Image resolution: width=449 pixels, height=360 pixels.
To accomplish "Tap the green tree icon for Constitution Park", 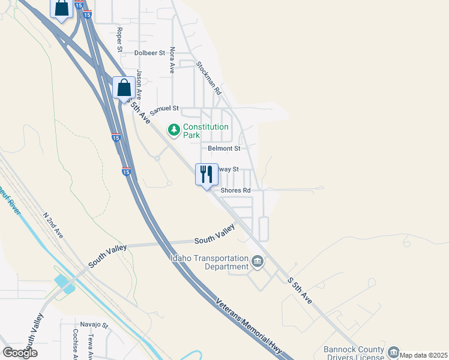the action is click(x=174, y=129).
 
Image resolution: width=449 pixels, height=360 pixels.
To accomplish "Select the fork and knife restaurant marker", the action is click(x=206, y=175).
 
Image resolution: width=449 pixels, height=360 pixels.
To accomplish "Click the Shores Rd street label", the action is click(x=235, y=190).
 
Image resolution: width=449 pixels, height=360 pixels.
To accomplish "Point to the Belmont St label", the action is click(x=224, y=148).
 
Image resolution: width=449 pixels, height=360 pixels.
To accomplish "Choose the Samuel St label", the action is click(x=164, y=109).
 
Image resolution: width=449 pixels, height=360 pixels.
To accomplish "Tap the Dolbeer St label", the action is click(x=149, y=53).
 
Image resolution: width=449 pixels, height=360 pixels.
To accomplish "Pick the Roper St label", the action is click(x=120, y=39).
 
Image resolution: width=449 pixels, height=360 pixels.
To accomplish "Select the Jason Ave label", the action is click(x=139, y=84).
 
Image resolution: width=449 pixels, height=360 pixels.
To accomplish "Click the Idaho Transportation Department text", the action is click(x=209, y=262).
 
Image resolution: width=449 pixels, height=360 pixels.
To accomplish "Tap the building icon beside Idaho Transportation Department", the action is click(x=258, y=262).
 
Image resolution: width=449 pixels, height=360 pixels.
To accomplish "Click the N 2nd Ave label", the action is click(x=53, y=223).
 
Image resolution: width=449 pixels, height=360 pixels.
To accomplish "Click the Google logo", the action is click(x=20, y=352).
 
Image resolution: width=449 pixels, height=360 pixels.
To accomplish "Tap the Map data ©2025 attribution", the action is click(x=423, y=355).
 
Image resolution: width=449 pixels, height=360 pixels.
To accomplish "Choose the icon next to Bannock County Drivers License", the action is click(x=394, y=351).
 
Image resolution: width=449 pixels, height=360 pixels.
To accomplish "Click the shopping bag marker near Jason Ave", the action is click(x=124, y=88).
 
